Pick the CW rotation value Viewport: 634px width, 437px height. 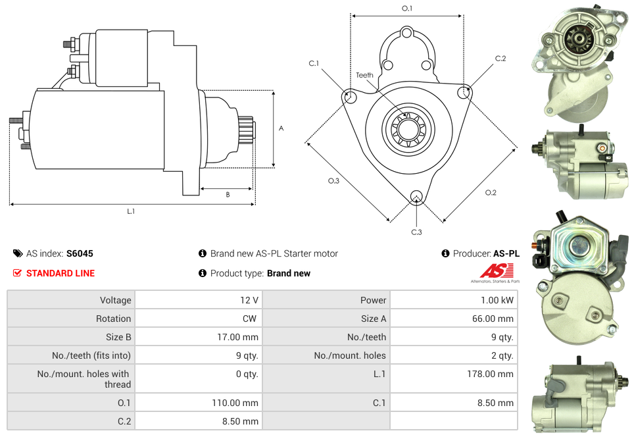(251, 319)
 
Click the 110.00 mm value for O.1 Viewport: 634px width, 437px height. (235, 403)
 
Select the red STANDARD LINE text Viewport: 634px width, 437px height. (61, 273)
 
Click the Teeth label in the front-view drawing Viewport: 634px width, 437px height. (364, 75)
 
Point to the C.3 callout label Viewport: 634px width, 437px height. (416, 232)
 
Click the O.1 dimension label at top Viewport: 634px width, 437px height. (407, 9)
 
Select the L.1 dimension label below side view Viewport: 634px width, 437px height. (131, 211)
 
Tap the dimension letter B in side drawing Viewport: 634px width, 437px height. (228, 195)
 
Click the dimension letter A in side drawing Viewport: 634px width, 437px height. (281, 128)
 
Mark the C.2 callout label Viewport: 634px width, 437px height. (500, 59)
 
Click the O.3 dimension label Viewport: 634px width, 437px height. (333, 181)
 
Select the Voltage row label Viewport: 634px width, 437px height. (115, 300)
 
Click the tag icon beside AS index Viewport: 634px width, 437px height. (18, 253)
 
